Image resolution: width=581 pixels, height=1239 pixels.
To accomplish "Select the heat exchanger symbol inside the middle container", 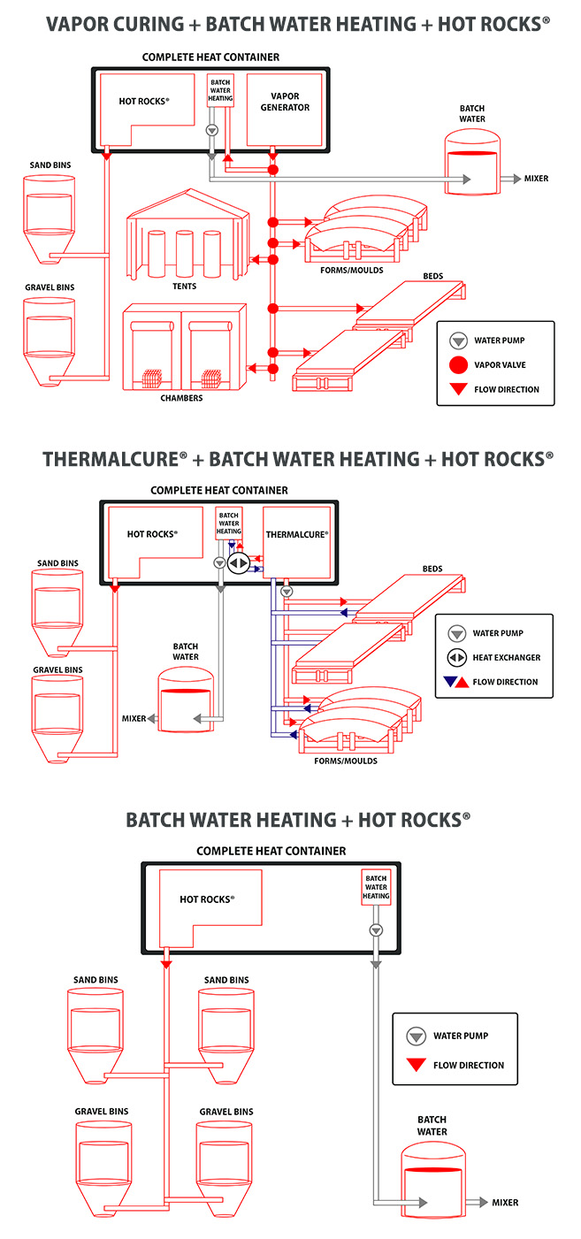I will (238, 562).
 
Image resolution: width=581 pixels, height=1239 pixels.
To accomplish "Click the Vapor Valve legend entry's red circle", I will (458, 365).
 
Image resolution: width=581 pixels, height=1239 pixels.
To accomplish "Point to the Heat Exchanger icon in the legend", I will (457, 657).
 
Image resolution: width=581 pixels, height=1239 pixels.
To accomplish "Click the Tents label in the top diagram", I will (184, 286).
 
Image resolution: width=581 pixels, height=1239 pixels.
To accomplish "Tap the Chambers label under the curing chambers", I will (181, 398).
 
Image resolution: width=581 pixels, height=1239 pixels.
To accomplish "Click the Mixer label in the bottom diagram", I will (505, 1203).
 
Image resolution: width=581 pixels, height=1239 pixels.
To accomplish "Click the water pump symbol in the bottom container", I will (376, 929).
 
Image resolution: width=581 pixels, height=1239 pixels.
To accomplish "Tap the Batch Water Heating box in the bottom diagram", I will (376, 886).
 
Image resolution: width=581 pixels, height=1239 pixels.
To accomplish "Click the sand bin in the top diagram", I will (50, 217).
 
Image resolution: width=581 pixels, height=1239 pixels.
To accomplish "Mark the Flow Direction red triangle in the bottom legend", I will (415, 1065).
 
